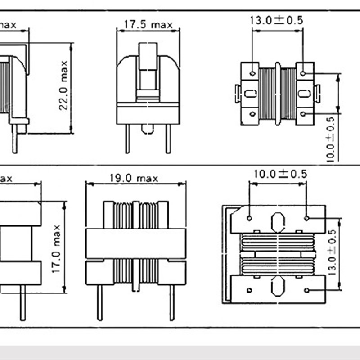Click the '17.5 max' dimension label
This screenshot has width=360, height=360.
click(148, 25)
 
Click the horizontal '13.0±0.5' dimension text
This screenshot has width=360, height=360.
click(277, 20)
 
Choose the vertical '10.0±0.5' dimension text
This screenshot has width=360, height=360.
click(331, 139)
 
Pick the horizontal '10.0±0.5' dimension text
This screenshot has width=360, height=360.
click(280, 174)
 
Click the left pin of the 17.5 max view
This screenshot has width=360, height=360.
click(128, 139)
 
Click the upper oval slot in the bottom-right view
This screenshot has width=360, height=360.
click(278, 221)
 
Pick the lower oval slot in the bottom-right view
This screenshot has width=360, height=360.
click(278, 286)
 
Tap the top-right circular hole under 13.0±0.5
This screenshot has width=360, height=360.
click(303, 73)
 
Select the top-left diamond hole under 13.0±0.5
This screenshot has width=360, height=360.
click(252, 73)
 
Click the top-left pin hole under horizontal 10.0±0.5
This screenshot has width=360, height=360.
click(249, 218)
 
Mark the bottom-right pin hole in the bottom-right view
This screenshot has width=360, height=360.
click(306, 290)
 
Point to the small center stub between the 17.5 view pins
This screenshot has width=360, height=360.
click(148, 129)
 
